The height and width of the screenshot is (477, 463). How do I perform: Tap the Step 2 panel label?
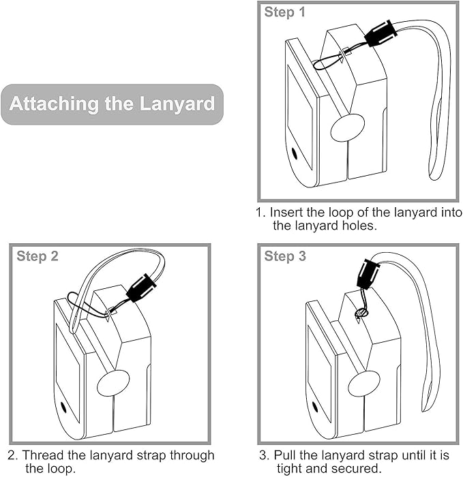[38, 256]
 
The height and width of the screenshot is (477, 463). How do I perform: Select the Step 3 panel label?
[285, 256]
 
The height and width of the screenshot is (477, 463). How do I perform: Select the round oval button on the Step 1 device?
[347, 127]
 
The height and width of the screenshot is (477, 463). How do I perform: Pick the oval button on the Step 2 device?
[113, 383]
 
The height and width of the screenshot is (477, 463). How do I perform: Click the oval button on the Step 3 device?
[363, 384]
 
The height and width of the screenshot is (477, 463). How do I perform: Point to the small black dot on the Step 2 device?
[64, 407]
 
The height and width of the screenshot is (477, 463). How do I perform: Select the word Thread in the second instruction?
[45, 455]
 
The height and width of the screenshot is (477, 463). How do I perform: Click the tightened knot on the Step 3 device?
[361, 313]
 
